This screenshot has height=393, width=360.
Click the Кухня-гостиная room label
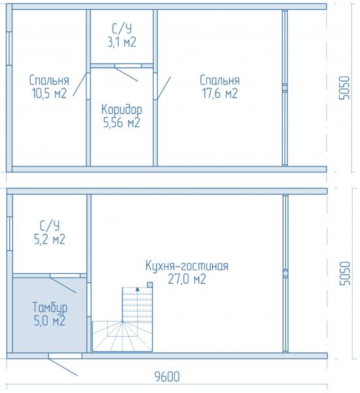(x=187, y=266)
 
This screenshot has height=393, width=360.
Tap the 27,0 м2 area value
(x=187, y=279)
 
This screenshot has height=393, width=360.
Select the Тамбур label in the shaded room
(x=50, y=308)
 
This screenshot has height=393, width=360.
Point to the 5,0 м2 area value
(x=50, y=321)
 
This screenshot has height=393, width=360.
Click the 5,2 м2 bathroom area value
(x=50, y=239)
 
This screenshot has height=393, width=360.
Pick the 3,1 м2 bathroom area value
(x=122, y=42)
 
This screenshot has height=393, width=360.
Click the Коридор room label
(x=122, y=110)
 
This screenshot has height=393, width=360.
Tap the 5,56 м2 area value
(x=122, y=123)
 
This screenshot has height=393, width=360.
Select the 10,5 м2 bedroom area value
(x=49, y=94)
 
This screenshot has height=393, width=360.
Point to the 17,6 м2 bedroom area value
(x=220, y=94)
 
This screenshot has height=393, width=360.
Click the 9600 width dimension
(x=167, y=377)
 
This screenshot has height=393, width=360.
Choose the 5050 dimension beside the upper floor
(x=344, y=88)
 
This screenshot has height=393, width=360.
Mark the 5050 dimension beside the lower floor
(x=344, y=273)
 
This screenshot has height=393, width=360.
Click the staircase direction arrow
(x=137, y=289)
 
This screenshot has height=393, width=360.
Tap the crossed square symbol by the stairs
(x=150, y=285)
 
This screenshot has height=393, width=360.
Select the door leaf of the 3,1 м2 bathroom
(x=126, y=73)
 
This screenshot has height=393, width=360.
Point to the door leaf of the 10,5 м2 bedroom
(x=80, y=84)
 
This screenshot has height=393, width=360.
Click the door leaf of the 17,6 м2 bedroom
(x=164, y=88)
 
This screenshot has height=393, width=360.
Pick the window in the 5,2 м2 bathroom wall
(x=10, y=233)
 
